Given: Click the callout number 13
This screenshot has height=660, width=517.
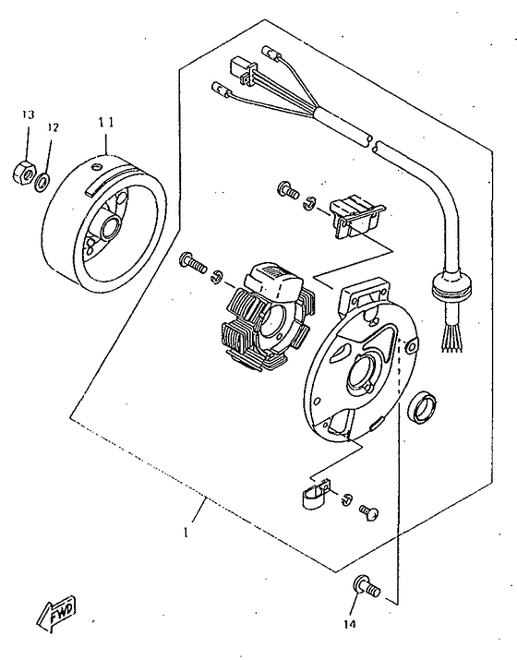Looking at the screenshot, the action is pyautogui.click(x=29, y=114).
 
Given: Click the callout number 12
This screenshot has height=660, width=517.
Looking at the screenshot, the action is pyautogui.click(x=53, y=127).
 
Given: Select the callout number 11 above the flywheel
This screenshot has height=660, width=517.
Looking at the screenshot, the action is pyautogui.click(x=106, y=122).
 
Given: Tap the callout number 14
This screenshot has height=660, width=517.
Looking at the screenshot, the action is pyautogui.click(x=350, y=624).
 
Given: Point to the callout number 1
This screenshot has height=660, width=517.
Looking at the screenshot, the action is pyautogui.click(x=186, y=532).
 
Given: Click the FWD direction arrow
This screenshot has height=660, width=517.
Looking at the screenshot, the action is pyautogui.click(x=57, y=614).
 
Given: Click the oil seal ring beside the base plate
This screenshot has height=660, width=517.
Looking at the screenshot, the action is pyautogui.click(x=423, y=407).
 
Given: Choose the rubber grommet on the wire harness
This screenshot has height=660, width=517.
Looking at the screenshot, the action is pyautogui.click(x=451, y=288).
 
